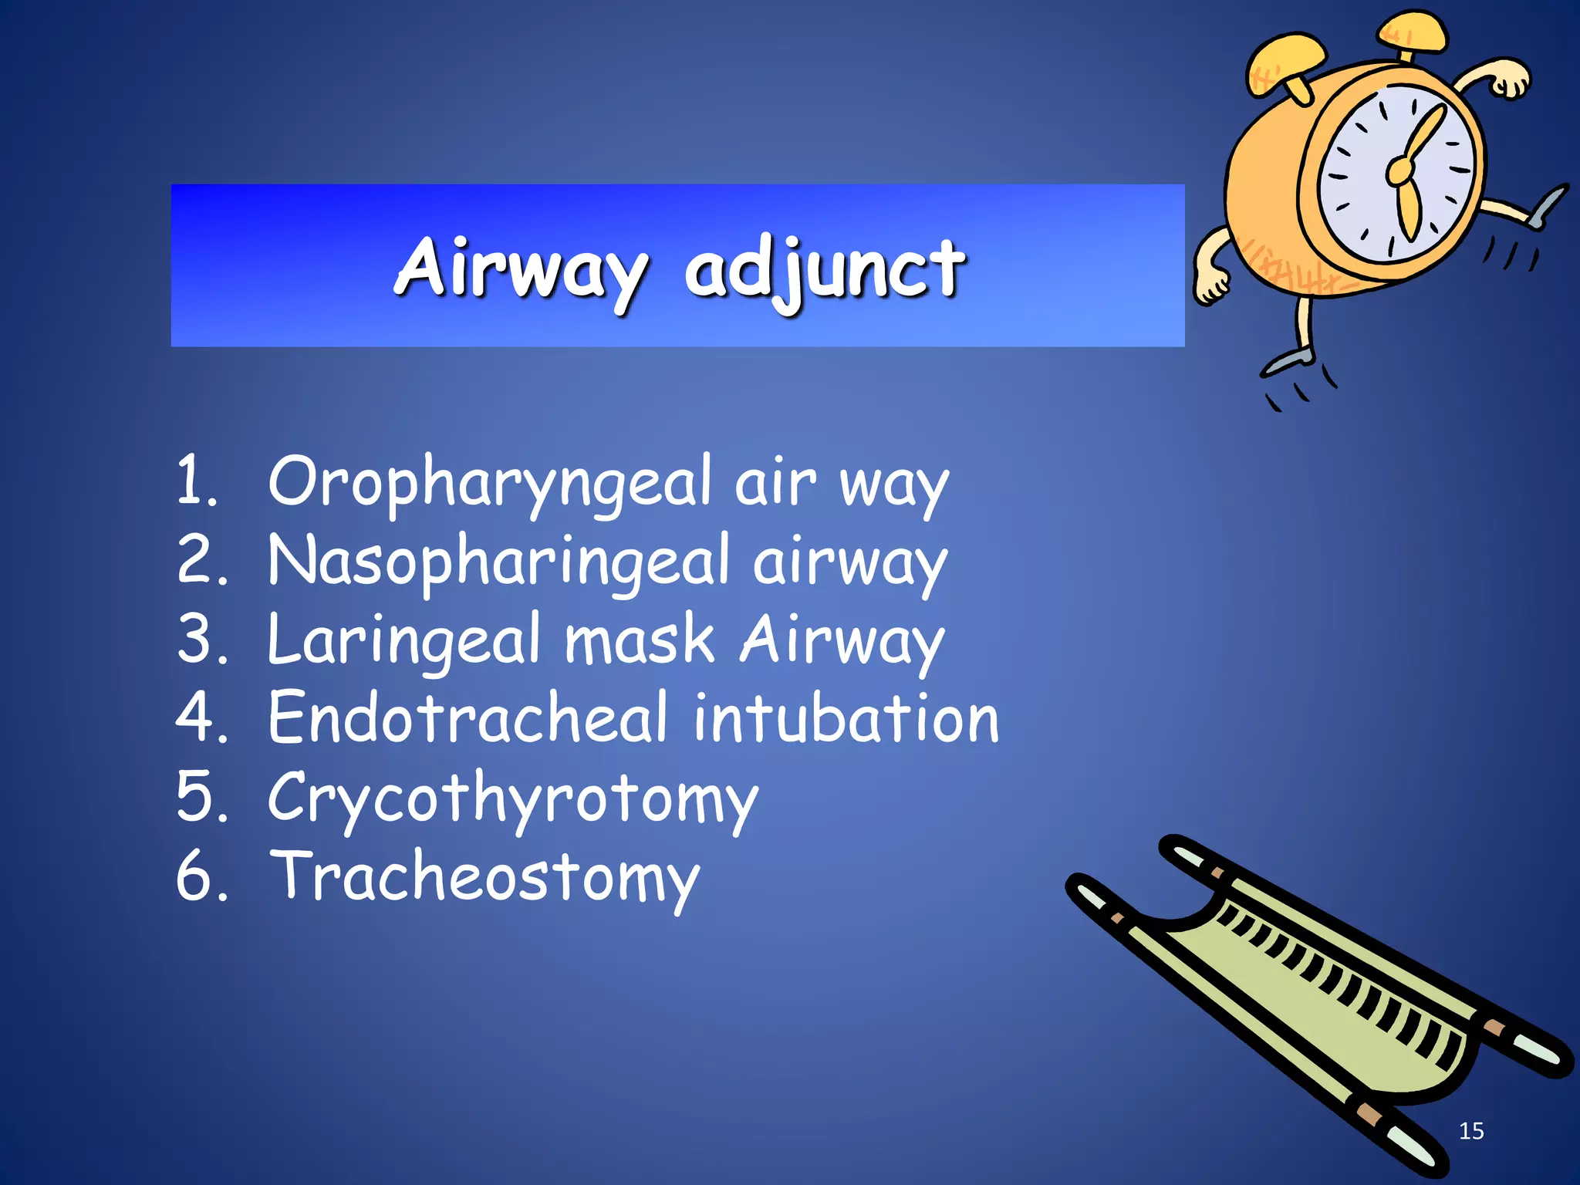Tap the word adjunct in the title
[x=824, y=270]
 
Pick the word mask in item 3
[x=640, y=640]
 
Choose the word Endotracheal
[x=468, y=719]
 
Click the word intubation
[x=846, y=719]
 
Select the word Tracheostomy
[x=484, y=879]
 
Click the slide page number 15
[x=1470, y=1131]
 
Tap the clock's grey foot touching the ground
[x=1287, y=361]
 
